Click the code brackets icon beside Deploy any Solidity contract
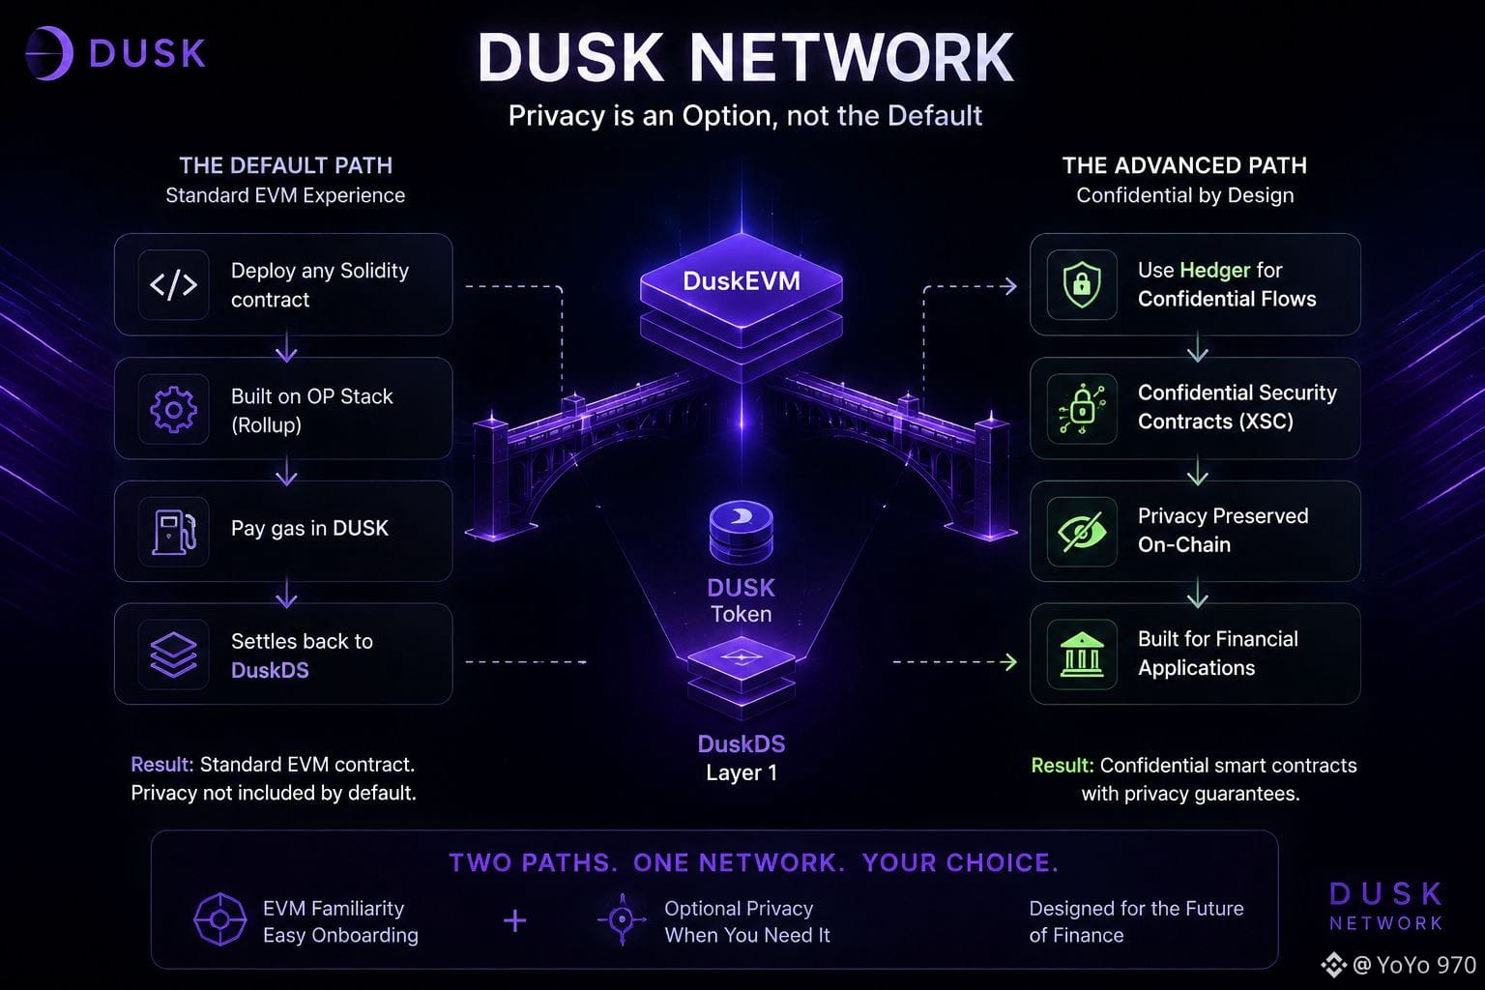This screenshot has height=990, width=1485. pyautogui.click(x=173, y=284)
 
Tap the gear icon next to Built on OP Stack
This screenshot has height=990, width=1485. pyautogui.click(x=173, y=409)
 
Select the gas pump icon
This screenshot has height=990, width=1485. pyautogui.click(x=174, y=531)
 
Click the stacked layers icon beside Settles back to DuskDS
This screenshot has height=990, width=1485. pyautogui.click(x=173, y=655)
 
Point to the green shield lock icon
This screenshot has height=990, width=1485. pyautogui.click(x=1081, y=284)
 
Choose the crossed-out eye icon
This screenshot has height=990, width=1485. pyautogui.click(x=1081, y=531)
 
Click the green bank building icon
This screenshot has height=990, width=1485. pyautogui.click(x=1081, y=655)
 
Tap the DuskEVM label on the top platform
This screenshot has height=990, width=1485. pyautogui.click(x=742, y=281)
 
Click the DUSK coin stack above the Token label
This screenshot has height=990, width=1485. pyautogui.click(x=742, y=533)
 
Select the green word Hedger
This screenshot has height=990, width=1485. pyautogui.click(x=1214, y=271)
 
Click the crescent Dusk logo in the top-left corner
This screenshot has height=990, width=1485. pyautogui.click(x=49, y=53)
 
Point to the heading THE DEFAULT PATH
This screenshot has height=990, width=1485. pyautogui.click(x=286, y=165)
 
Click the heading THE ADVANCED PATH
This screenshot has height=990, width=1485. pyautogui.click(x=1184, y=165)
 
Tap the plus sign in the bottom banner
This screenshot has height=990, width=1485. pyautogui.click(x=514, y=920)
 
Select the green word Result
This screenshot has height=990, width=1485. pyautogui.click(x=1063, y=765)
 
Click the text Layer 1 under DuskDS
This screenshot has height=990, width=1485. pyautogui.click(x=742, y=772)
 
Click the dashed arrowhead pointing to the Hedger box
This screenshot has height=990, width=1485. pyautogui.click(x=1008, y=286)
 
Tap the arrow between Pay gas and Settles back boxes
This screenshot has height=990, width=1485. pyautogui.click(x=286, y=592)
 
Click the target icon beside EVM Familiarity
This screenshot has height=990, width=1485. pyautogui.click(x=220, y=919)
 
